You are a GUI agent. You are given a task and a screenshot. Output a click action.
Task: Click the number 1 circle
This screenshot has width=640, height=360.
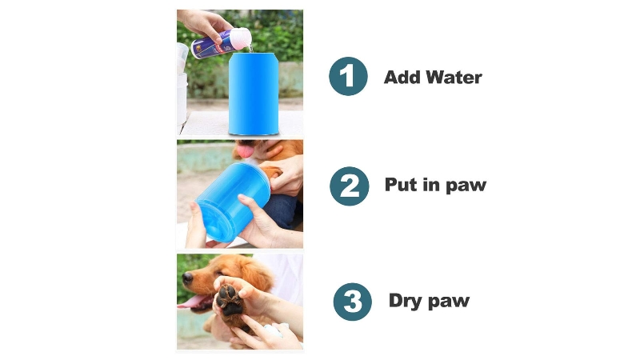(348, 76)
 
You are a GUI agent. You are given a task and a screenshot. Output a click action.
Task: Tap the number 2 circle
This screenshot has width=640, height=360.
(349, 186)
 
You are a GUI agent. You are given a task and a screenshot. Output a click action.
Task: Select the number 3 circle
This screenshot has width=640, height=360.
(353, 302)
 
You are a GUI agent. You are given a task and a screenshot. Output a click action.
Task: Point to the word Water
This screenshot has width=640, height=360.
(454, 77)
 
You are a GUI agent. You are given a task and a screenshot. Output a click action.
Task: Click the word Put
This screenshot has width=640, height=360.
(402, 185)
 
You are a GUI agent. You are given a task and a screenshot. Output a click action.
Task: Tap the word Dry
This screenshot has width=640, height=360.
(406, 302)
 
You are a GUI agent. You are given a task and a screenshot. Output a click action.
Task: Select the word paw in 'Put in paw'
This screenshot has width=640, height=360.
(466, 186)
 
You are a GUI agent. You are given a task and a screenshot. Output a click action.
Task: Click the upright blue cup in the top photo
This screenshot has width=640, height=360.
(254, 94)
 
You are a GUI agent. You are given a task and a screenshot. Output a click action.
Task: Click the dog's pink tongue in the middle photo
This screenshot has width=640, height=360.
(246, 152)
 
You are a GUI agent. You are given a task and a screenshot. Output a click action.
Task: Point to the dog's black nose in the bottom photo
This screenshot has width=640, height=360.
(187, 278)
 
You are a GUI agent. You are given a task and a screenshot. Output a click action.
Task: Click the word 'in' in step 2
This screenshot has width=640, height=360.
(431, 184)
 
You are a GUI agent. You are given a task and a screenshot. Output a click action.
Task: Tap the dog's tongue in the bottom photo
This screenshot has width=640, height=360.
(191, 302)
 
